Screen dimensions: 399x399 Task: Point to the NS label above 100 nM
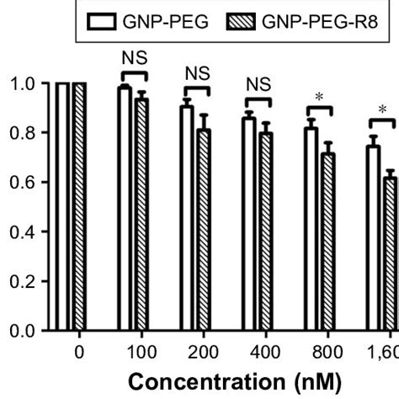point(130,60)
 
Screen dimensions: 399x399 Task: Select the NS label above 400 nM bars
point(257,84)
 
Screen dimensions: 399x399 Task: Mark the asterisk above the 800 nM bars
point(320,98)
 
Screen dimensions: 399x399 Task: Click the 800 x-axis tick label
point(320,351)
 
